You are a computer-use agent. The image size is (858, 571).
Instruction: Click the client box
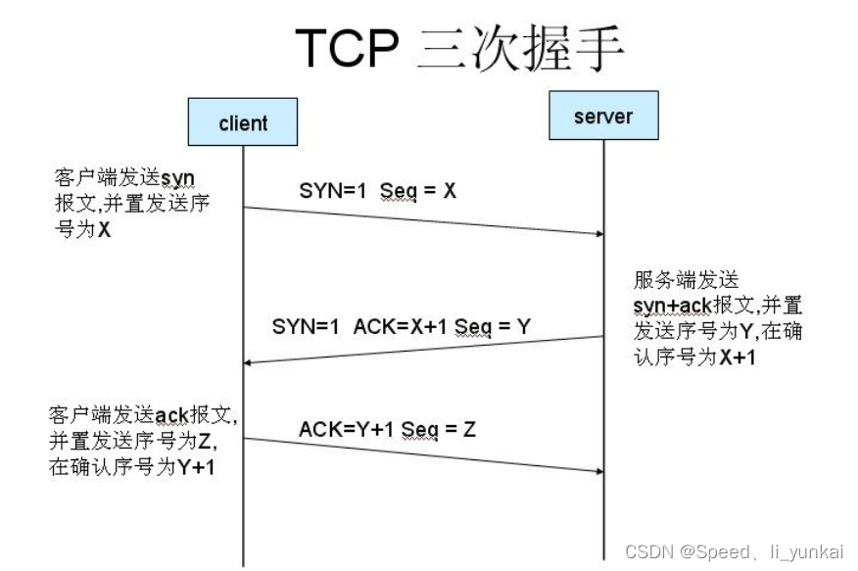pos(243,122)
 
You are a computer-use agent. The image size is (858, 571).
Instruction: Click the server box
pos(602,117)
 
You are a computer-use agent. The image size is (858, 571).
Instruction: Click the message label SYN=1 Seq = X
pos(378,191)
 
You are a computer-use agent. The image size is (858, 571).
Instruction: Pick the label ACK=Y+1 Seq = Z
pos(387,428)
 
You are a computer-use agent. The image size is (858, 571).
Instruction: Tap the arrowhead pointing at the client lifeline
pos(251,362)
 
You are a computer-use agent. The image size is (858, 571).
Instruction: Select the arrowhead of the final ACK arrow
pos(595,470)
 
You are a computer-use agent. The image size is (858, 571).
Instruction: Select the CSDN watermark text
pos(734,551)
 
